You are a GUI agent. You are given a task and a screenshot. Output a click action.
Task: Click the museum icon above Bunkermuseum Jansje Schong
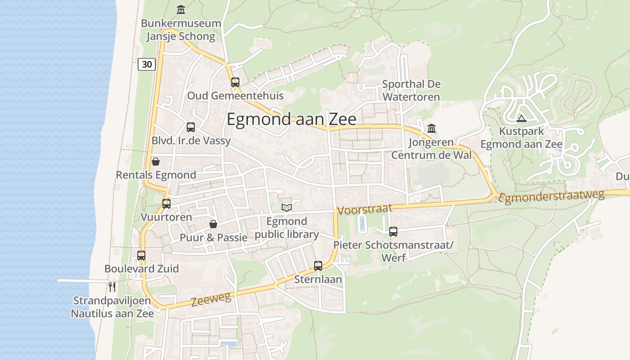pos(181,9)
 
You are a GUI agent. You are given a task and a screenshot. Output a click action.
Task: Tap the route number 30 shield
pos(147,64)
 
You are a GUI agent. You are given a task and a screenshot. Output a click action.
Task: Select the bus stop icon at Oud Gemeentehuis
pos(235,82)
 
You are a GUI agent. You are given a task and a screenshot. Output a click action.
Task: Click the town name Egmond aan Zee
pos(291,119)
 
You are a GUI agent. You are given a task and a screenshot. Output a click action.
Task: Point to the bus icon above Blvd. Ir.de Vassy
pos(191,127)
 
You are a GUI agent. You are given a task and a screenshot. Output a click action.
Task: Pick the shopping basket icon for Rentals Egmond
pos(156,162)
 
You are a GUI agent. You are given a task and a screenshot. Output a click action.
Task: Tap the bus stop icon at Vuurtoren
pos(166,204)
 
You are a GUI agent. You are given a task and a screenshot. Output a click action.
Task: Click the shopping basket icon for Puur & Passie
pos(213,224)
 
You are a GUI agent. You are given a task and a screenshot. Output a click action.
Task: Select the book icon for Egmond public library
pos(287,207)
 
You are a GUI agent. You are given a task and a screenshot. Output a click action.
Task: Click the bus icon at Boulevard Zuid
pos(141,256)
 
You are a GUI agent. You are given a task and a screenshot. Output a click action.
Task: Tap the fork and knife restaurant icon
pos(112,287)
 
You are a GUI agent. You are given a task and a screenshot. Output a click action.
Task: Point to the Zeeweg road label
pos(211,299)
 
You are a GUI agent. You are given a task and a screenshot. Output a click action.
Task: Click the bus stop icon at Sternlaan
pos(318,266)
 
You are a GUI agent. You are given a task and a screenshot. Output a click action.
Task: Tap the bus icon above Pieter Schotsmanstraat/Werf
pos(393,232)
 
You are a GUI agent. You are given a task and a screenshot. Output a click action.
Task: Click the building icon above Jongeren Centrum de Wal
pos(432,129)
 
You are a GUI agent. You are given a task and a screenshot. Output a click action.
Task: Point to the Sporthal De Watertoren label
pos(411,90)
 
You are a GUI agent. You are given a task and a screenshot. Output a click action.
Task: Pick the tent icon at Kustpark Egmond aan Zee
pos(522,119)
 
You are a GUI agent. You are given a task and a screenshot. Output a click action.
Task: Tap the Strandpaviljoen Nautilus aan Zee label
pos(112,307)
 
